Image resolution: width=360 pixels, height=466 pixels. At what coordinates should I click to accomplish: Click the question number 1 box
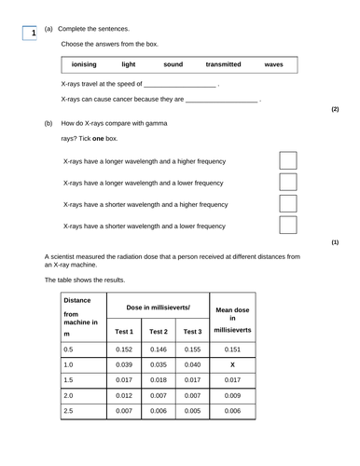tap(31, 34)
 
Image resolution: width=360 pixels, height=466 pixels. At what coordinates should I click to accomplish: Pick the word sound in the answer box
tap(173, 65)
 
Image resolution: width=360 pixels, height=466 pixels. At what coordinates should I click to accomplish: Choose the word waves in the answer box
tap(273, 65)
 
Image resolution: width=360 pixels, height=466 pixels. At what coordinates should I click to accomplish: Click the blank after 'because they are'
tap(222, 99)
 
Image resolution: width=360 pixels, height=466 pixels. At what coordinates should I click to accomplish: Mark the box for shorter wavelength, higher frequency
tap(289, 204)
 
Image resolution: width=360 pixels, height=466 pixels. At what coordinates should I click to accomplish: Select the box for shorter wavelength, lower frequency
tap(289, 226)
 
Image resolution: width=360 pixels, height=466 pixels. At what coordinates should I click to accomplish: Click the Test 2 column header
tap(159, 332)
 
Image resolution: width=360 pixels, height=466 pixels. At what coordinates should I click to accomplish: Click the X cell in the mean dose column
tap(233, 365)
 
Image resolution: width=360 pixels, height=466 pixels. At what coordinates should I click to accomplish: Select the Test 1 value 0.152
tap(125, 349)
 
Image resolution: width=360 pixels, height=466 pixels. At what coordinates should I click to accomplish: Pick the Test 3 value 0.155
tap(192, 349)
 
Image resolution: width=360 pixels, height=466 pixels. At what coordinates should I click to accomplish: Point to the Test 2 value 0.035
tap(159, 365)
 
